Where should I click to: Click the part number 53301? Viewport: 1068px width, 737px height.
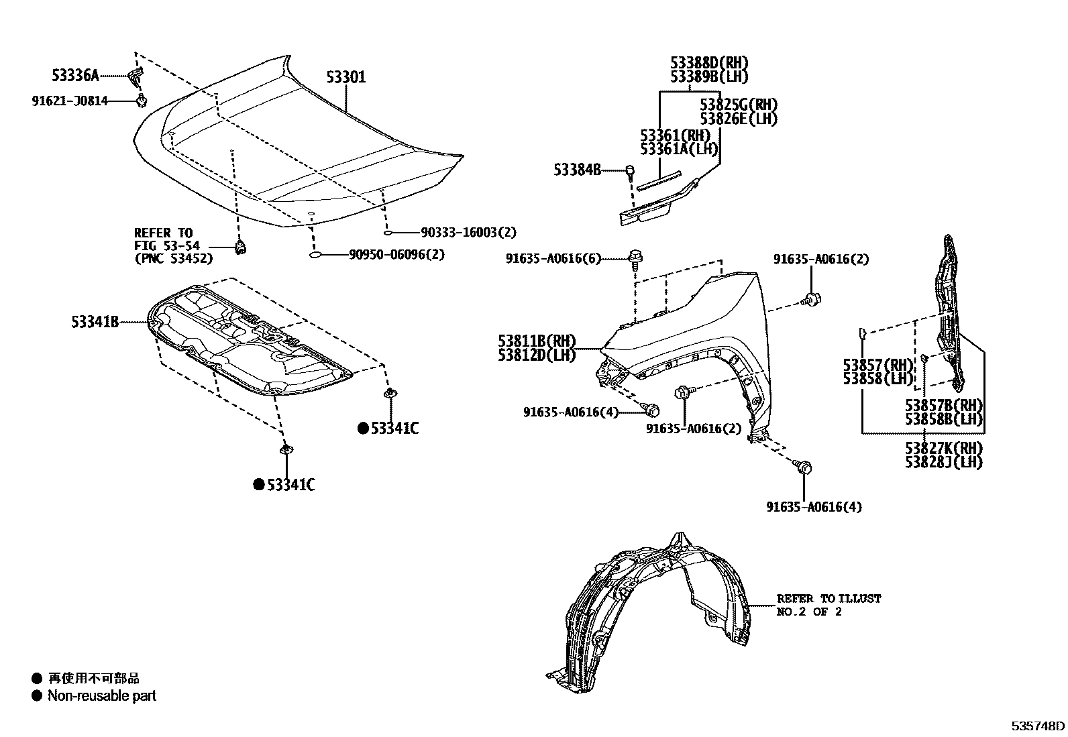(346, 77)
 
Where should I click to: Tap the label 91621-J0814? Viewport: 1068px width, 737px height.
(70, 101)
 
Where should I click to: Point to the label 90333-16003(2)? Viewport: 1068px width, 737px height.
(468, 233)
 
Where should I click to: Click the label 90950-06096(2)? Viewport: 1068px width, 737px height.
(396, 255)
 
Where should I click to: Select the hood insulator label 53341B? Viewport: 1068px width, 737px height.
(95, 323)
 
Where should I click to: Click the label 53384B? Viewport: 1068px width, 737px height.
(577, 170)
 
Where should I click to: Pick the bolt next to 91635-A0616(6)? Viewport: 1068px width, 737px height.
(635, 256)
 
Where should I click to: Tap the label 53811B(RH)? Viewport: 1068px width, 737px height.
(537, 341)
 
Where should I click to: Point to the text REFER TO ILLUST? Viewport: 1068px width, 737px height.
(829, 598)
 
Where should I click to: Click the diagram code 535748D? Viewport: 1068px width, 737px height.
(1038, 726)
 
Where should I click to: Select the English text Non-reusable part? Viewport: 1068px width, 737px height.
(101, 696)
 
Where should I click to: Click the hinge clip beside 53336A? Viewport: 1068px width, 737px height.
(136, 76)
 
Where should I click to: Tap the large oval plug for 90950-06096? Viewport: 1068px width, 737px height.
(317, 255)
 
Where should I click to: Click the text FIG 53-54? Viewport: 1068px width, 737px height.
(166, 246)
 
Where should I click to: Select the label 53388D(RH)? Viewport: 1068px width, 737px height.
(709, 63)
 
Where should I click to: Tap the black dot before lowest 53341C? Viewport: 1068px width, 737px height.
(258, 485)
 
